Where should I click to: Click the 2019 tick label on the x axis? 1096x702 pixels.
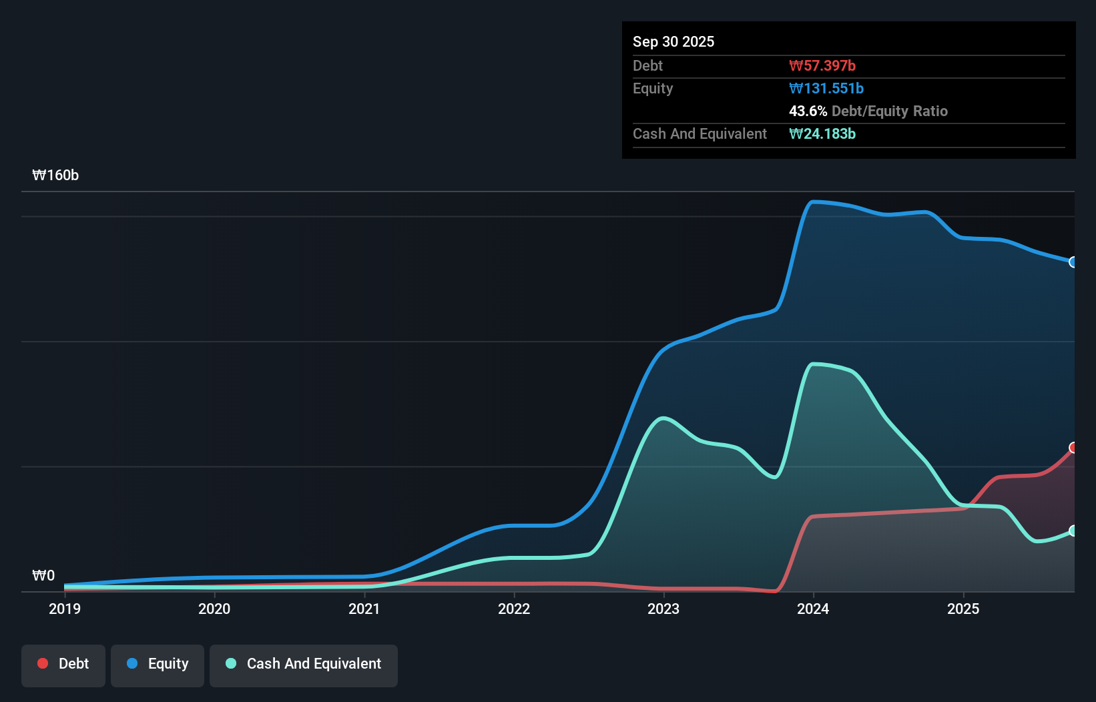(65, 609)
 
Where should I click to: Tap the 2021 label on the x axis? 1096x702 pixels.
(364, 609)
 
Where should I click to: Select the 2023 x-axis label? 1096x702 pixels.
(663, 609)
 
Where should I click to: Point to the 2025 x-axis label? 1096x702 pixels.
(963, 609)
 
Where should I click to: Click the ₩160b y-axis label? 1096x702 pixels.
(55, 175)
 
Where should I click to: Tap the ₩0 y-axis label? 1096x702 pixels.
(43, 575)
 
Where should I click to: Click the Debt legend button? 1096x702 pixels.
(63, 664)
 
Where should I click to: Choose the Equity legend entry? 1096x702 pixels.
(158, 664)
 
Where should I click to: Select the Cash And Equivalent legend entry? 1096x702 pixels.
(304, 664)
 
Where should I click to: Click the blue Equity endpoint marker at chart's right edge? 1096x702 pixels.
(1073, 262)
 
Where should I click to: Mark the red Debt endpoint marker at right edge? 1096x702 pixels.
(1073, 448)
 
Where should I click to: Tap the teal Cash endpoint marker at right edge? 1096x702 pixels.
(1073, 531)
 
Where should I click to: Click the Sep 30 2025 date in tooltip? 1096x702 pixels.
(673, 41)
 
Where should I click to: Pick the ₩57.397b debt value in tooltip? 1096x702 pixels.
(822, 65)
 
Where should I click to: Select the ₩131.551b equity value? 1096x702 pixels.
(826, 88)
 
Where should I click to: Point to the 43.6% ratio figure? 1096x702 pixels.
(808, 111)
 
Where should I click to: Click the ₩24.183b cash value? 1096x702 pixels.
(822, 133)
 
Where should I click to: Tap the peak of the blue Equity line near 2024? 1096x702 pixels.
(812, 202)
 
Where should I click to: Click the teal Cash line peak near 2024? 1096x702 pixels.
(812, 364)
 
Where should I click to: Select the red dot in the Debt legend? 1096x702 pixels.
(43, 663)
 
